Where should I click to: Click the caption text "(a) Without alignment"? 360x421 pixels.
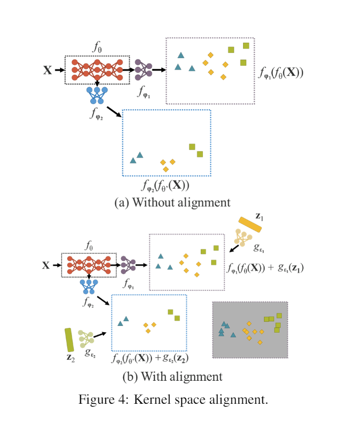(x=172, y=202)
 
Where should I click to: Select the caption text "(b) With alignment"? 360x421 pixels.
(x=172, y=376)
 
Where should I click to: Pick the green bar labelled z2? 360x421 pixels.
(x=69, y=340)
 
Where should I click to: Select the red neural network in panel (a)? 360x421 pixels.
(x=97, y=69)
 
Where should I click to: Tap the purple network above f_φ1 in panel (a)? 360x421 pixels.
(x=143, y=69)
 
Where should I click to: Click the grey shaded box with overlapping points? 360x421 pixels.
(x=250, y=330)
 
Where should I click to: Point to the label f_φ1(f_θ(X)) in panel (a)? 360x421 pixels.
(x=281, y=73)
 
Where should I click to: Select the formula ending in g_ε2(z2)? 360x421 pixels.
(x=150, y=359)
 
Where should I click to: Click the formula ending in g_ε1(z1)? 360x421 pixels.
(x=266, y=268)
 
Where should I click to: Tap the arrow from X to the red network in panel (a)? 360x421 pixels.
(x=58, y=69)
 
